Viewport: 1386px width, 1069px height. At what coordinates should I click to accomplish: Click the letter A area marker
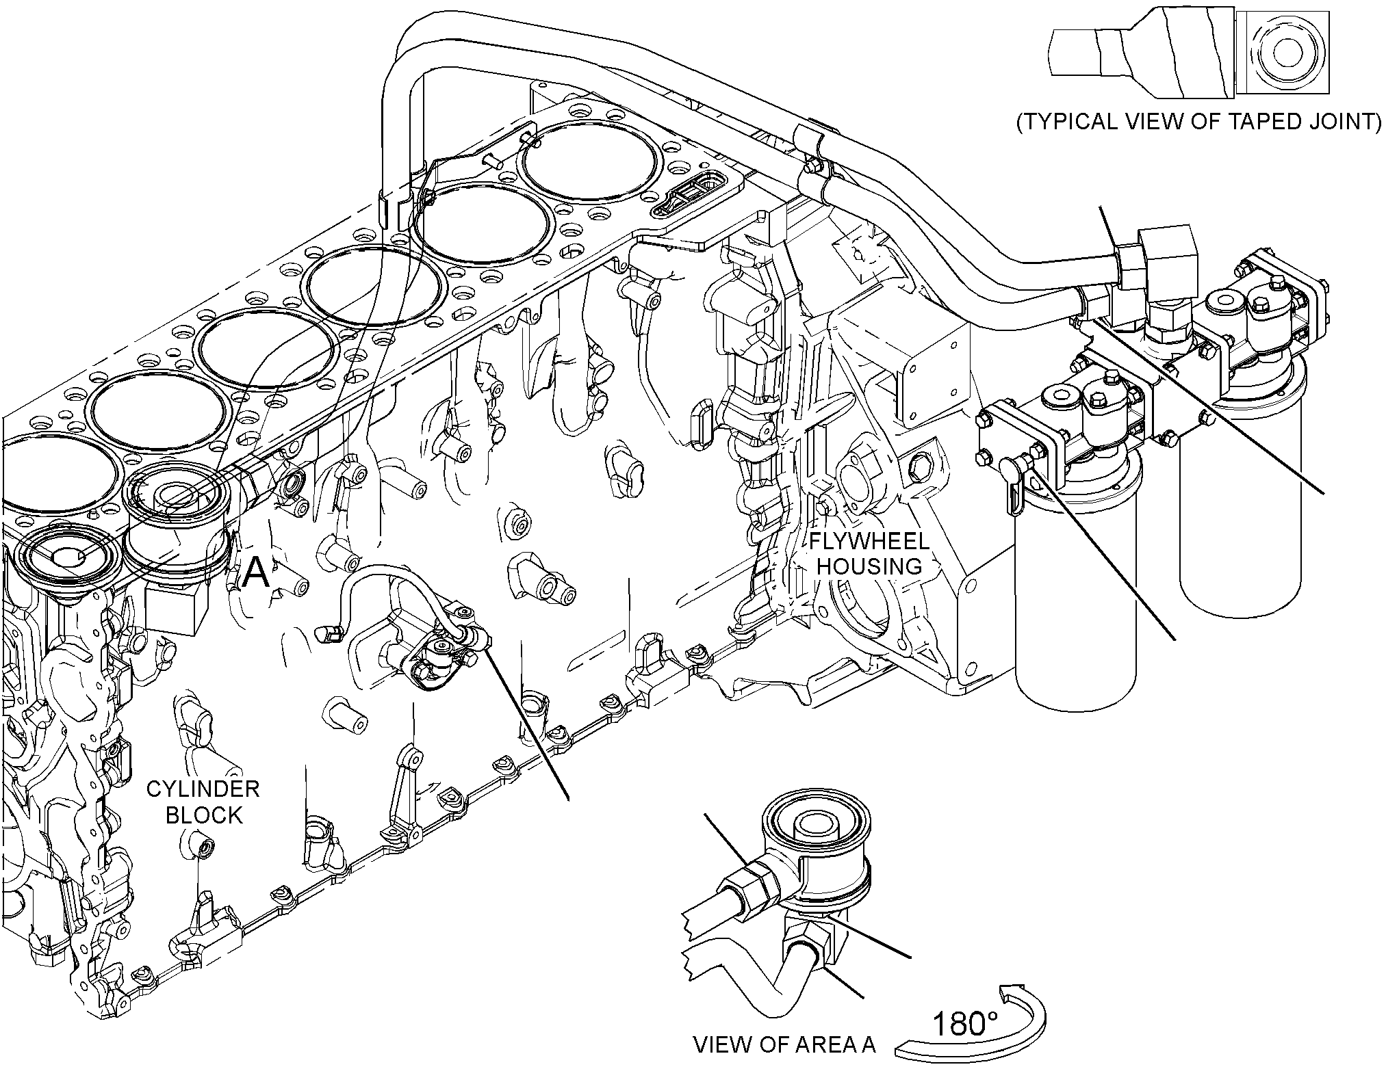[x=257, y=573]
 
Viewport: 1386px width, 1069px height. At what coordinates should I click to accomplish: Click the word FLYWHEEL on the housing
[x=869, y=542]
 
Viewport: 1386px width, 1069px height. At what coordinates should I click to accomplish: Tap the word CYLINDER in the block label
[x=204, y=789]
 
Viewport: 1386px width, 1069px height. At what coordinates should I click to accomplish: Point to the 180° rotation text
[x=965, y=1024]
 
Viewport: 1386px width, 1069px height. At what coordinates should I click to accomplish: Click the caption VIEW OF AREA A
[x=784, y=1044]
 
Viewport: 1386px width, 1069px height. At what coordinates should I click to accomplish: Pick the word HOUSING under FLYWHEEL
[x=869, y=566]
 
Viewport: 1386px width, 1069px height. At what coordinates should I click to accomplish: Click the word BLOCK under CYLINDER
[x=204, y=815]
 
